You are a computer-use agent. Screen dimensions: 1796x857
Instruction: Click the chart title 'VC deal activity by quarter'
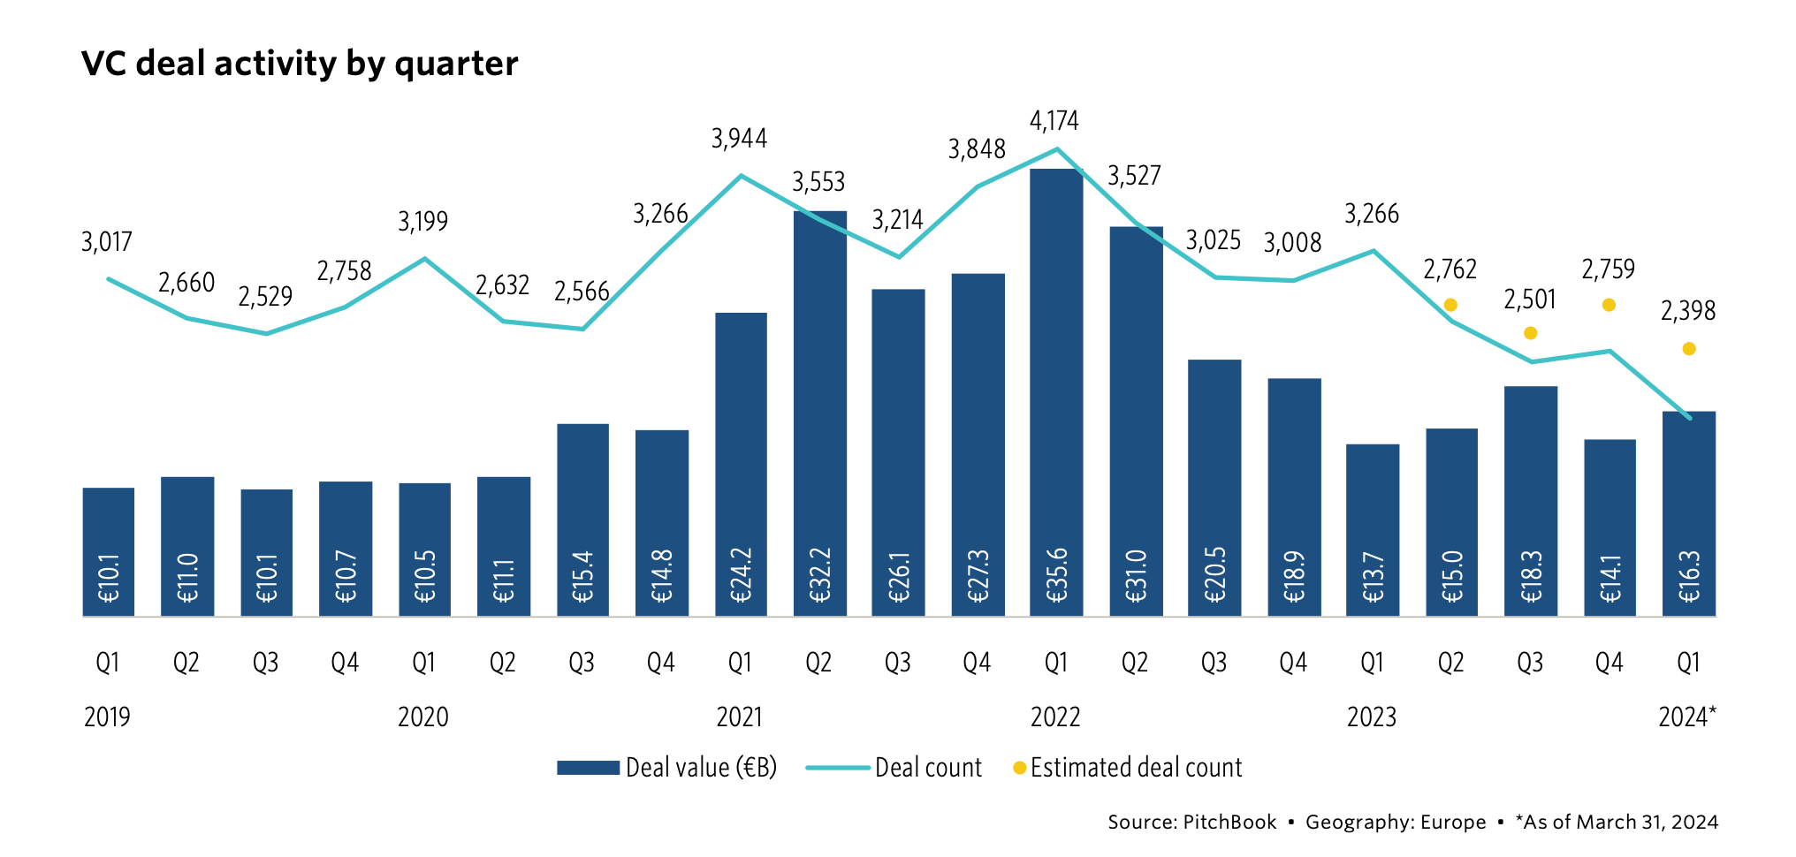pyautogui.click(x=300, y=64)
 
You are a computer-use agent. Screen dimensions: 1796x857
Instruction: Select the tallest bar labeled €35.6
pyautogui.click(x=1056, y=392)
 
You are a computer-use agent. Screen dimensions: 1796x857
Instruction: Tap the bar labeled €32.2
pyautogui.click(x=819, y=413)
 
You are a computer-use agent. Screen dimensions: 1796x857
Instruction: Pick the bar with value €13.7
pyautogui.click(x=1373, y=530)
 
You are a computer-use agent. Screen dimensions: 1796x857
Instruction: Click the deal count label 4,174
pyautogui.click(x=1054, y=121)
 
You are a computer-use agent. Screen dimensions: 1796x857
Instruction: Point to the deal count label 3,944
pyautogui.click(x=740, y=139)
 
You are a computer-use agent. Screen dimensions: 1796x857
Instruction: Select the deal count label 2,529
pyautogui.click(x=265, y=297)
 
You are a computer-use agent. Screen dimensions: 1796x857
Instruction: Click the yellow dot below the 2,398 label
pyautogui.click(x=1689, y=349)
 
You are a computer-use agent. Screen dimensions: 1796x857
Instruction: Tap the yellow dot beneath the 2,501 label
pyautogui.click(x=1531, y=333)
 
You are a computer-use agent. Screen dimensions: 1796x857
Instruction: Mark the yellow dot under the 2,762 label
pyautogui.click(x=1450, y=305)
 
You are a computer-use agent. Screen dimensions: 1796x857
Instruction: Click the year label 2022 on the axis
pyautogui.click(x=1055, y=717)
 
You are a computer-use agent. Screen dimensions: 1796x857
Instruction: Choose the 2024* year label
pyautogui.click(x=1687, y=717)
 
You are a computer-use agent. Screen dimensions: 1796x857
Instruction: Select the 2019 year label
pyautogui.click(x=107, y=717)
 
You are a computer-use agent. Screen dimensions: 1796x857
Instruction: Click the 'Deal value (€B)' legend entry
pyautogui.click(x=667, y=767)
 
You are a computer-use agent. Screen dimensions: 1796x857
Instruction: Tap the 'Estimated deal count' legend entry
pyautogui.click(x=1128, y=767)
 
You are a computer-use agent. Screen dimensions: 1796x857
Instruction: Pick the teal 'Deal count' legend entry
pyautogui.click(x=894, y=767)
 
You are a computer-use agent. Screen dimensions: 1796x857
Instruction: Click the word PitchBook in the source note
pyautogui.click(x=1229, y=822)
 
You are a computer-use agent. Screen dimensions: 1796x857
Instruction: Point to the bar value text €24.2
pyautogui.click(x=741, y=575)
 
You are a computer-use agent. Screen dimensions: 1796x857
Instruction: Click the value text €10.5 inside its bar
pyautogui.click(x=425, y=577)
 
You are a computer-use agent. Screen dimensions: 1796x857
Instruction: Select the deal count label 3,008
pyautogui.click(x=1292, y=243)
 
